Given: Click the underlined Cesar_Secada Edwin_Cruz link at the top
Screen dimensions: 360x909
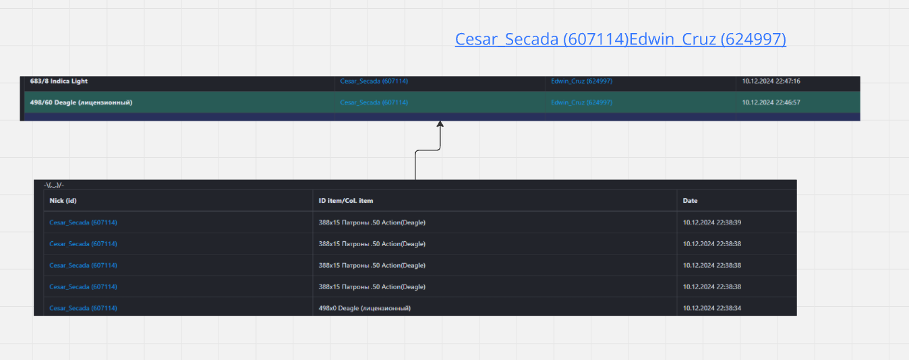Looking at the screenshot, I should [620, 39].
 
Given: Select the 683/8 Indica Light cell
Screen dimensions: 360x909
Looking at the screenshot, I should [59, 81].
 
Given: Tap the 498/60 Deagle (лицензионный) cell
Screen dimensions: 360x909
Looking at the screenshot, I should [81, 102].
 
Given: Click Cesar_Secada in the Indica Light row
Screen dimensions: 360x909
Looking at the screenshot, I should [374, 81].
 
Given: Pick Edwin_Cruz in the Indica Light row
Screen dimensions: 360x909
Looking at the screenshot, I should [581, 81].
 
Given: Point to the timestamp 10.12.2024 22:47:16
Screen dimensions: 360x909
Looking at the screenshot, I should [771, 81].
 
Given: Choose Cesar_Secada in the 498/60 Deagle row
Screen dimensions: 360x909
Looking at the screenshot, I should [374, 102].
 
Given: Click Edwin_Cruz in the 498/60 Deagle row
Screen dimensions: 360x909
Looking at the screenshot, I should [581, 102].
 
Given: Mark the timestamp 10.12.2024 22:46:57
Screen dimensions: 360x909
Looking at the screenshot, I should [771, 102].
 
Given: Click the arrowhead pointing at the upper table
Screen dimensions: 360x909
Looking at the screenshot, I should [440, 124].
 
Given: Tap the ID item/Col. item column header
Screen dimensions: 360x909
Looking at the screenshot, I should [346, 201].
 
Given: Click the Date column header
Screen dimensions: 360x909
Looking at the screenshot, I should [690, 201].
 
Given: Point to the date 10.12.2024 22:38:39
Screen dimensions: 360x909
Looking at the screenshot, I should [712, 222].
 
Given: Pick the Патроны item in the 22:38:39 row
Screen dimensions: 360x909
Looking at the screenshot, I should [372, 222].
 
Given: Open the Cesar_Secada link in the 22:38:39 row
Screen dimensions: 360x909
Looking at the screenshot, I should [83, 222].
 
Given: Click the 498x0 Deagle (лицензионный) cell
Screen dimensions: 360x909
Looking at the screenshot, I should [365, 308].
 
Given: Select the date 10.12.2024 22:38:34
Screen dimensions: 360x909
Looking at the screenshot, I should [712, 308].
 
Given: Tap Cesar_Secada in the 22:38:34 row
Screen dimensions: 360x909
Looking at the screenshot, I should [83, 308].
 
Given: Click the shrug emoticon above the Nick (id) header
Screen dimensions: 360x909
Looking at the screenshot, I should [54, 185].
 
